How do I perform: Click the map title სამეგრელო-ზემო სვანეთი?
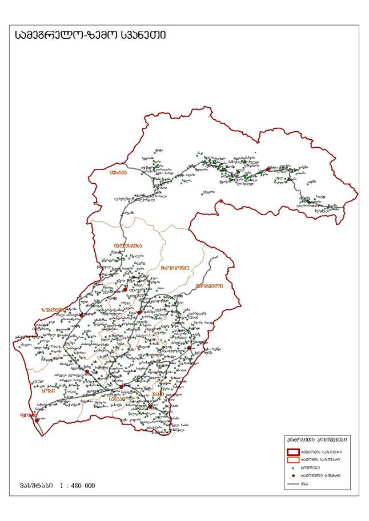coord(91,35)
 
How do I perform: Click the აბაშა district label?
coord(158,394)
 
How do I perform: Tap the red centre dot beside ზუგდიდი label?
coord(82,314)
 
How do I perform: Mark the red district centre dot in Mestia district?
coord(267,169)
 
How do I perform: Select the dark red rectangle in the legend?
coord(294,451)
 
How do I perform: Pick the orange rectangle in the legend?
coord(294,459)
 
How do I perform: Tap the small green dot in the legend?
coord(294,467)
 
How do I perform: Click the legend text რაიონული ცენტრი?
coord(324,475)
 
